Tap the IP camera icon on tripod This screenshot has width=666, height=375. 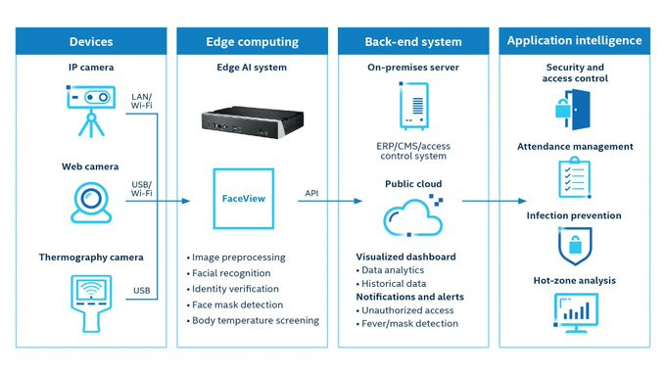(x=91, y=112)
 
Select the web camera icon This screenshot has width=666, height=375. (x=91, y=203)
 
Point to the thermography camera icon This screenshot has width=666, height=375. (x=91, y=304)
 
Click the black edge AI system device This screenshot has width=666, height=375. (x=253, y=122)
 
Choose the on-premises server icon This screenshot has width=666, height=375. (x=413, y=106)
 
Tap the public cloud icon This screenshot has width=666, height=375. (x=413, y=215)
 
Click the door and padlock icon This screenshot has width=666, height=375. (x=573, y=110)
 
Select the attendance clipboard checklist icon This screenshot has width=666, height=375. (x=574, y=177)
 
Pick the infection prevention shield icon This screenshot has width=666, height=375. (x=575, y=246)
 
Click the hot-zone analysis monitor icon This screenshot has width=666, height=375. (x=576, y=313)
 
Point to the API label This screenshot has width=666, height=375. (x=311, y=193)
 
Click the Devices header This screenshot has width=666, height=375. (x=91, y=42)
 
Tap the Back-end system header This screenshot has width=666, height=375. (x=413, y=42)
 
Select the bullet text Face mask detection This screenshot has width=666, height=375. (x=237, y=305)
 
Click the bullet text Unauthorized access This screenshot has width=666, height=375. (x=407, y=310)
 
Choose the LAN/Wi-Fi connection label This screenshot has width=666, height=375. (x=141, y=101)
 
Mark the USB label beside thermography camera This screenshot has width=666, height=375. (x=141, y=291)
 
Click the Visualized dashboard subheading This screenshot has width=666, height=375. (x=405, y=257)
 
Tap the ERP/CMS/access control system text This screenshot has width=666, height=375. (x=413, y=151)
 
